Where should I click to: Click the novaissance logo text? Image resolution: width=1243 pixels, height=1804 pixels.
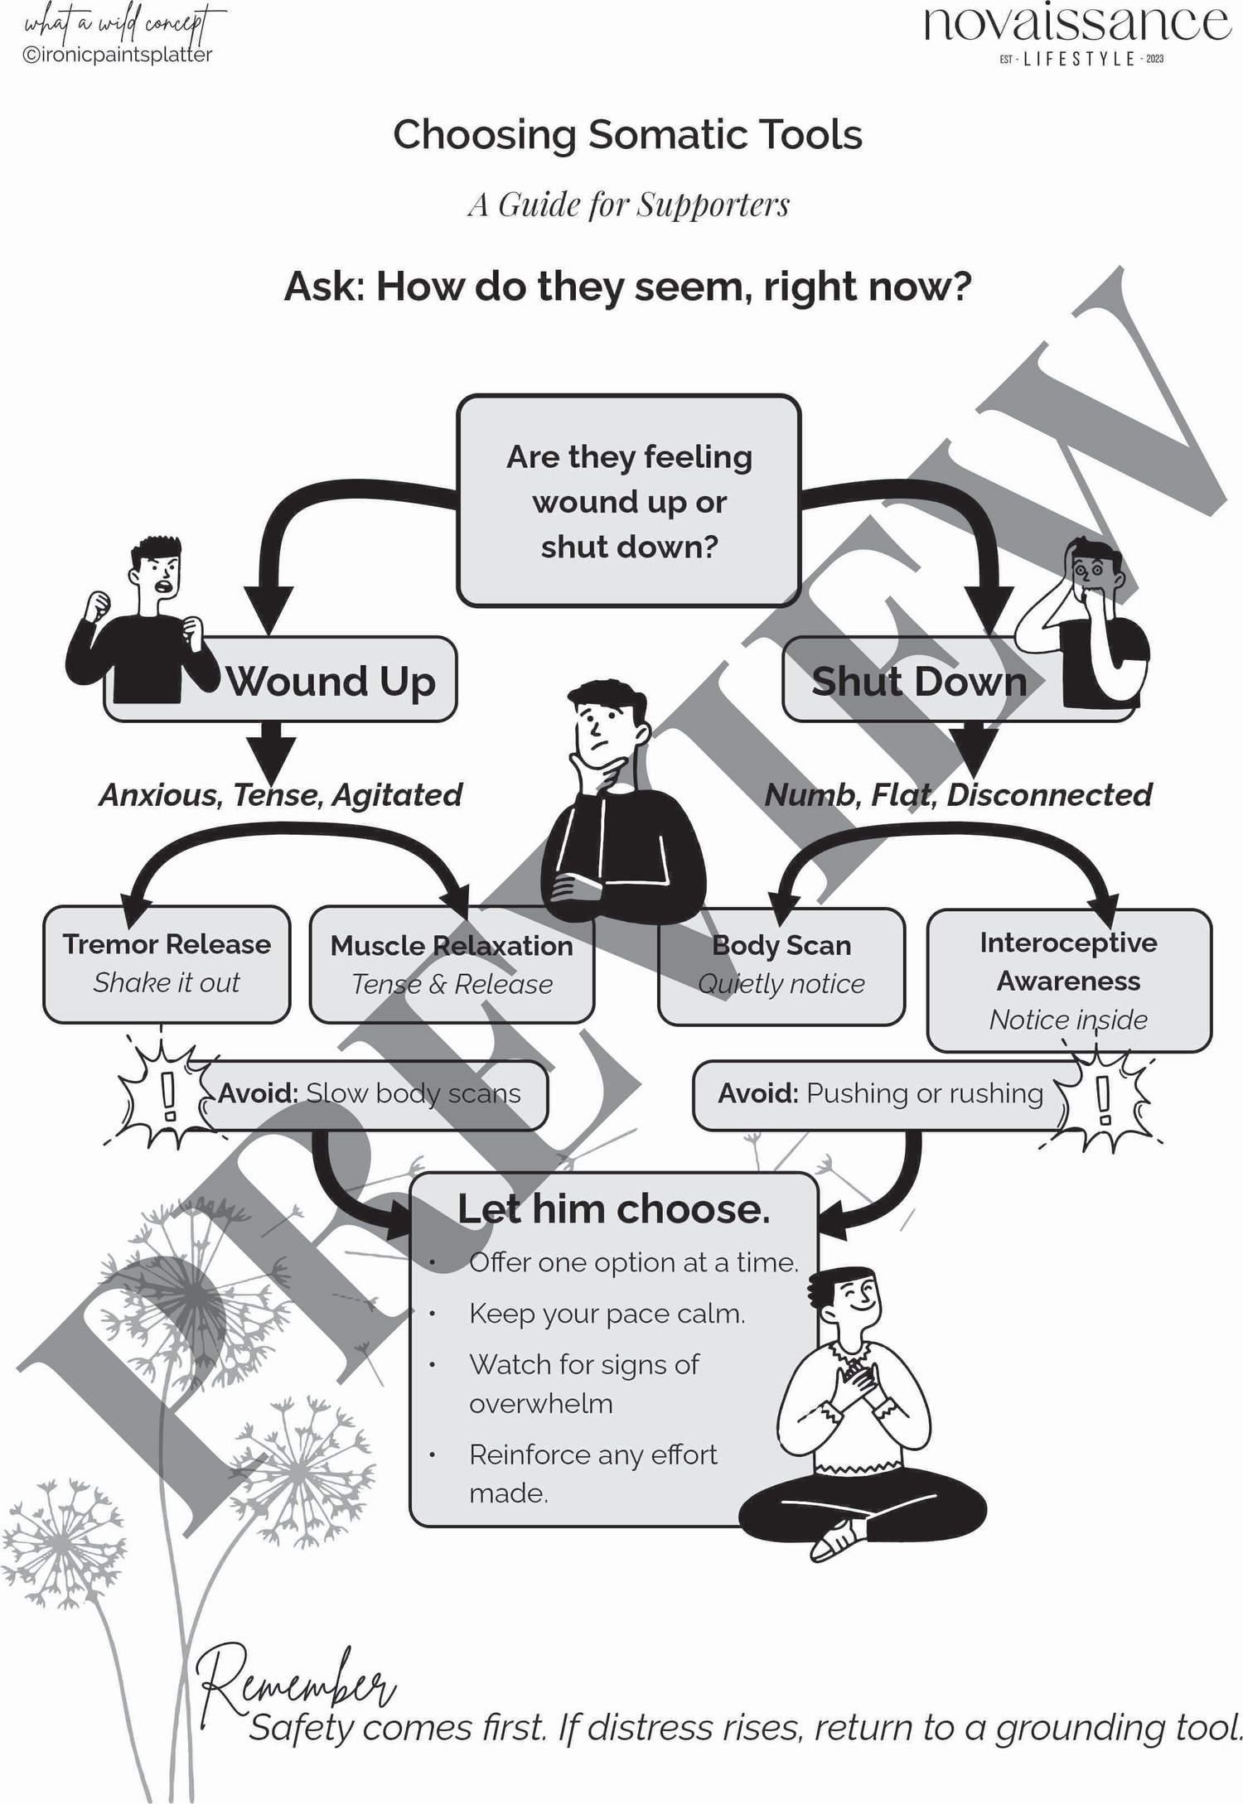click(x=1076, y=25)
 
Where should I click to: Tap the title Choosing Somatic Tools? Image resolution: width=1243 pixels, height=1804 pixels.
click(x=627, y=135)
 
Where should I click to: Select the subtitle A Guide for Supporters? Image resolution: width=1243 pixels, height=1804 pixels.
click(x=628, y=205)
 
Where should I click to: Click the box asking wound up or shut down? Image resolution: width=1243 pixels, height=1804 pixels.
click(x=628, y=501)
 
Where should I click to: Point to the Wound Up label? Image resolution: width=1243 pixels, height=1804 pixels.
click(x=330, y=682)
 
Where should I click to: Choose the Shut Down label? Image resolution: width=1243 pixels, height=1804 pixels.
click(x=918, y=682)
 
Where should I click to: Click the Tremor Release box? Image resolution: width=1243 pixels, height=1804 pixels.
click(x=167, y=964)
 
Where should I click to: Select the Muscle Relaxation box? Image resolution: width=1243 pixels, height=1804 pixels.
click(x=452, y=965)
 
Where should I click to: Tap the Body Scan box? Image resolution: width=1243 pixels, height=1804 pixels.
click(x=781, y=965)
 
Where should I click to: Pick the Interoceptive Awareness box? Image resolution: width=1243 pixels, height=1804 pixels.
click(x=1068, y=981)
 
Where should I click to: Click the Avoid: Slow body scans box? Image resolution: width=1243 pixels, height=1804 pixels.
click(x=370, y=1094)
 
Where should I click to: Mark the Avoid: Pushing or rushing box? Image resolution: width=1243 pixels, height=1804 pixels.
click(x=880, y=1094)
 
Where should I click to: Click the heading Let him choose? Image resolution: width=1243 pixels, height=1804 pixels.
click(x=614, y=1209)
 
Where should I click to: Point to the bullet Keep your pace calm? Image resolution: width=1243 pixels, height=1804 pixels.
click(x=607, y=1314)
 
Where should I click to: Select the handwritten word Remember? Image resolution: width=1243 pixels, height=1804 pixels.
click(x=298, y=1681)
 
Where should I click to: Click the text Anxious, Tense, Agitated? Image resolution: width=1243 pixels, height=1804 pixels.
click(x=280, y=795)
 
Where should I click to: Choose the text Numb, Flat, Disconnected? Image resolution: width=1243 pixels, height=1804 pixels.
click(x=958, y=795)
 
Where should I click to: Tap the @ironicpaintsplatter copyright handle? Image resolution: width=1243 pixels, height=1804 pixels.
click(x=118, y=55)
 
